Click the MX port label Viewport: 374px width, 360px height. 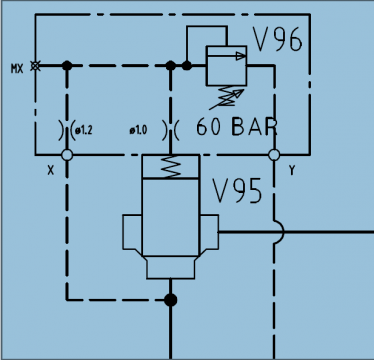tap(16, 68)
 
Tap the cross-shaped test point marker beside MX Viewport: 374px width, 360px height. tap(36, 66)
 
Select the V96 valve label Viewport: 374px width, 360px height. tap(276, 41)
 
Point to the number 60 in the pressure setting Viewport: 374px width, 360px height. tap(213, 127)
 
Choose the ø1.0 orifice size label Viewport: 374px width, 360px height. tap(138, 130)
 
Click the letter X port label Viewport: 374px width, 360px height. tap(49, 170)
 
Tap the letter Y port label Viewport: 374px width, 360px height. tap(291, 170)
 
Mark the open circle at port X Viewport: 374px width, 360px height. tap(67, 155)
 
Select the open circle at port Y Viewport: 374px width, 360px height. tap(273, 155)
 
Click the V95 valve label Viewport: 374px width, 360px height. tap(238, 190)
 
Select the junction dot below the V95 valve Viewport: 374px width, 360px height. tap(171, 298)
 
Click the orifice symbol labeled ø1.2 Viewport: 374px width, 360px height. tap(67, 130)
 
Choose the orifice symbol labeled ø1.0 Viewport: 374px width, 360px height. tap(171, 130)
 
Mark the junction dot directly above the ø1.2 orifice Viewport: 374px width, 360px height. tap(67, 66)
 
